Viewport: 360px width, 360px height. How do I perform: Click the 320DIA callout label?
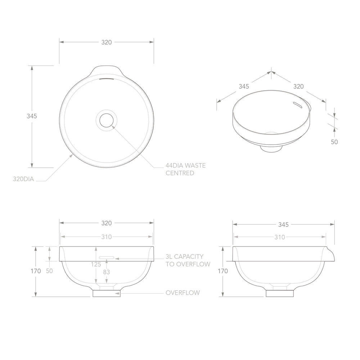click(23, 179)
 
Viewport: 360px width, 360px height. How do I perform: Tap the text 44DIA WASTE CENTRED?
click(185, 169)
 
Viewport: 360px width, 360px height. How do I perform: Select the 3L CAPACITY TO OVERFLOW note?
click(188, 260)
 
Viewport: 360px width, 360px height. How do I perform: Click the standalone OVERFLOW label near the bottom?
click(183, 293)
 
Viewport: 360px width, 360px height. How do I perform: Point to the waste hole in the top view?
click(106, 120)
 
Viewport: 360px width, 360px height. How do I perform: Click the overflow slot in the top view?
click(106, 79)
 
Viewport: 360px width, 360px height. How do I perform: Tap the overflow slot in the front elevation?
click(106, 257)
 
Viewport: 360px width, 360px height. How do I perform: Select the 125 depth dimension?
click(96, 265)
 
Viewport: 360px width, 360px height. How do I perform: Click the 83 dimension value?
click(106, 272)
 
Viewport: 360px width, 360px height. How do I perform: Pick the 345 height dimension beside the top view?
click(32, 116)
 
